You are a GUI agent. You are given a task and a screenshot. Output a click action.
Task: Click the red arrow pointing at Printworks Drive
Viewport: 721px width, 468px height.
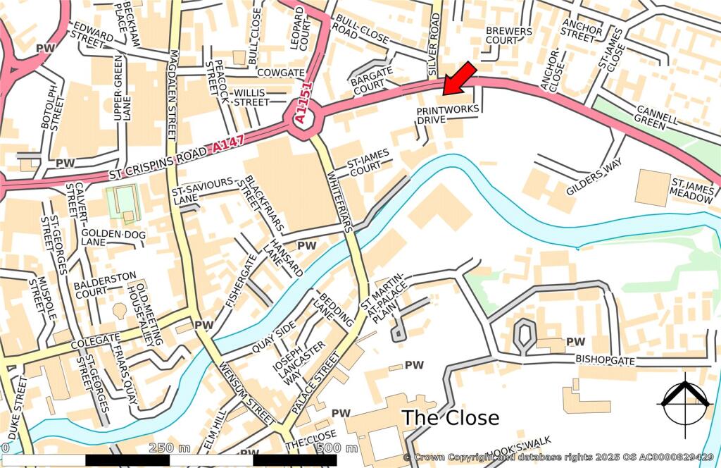tap(460, 78)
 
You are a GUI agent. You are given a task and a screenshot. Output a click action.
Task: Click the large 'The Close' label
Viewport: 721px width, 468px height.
tap(450, 417)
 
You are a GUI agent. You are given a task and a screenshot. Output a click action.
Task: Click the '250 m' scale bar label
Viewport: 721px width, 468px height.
tap(170, 448)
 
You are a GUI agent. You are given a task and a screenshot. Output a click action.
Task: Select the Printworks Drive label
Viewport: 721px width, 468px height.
tap(448, 115)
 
